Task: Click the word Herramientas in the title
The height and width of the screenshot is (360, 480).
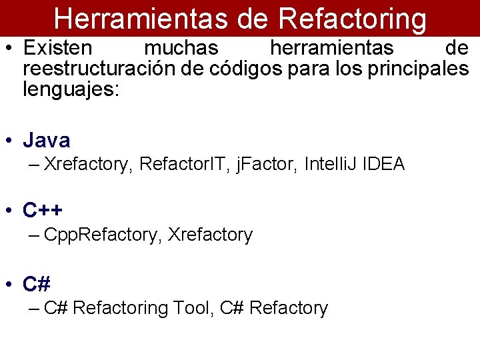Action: click(140, 19)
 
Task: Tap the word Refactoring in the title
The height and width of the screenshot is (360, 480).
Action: click(353, 19)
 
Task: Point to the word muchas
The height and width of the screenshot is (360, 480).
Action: click(181, 49)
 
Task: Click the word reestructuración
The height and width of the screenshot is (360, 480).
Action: click(99, 69)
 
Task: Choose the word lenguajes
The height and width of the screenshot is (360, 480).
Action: click(70, 89)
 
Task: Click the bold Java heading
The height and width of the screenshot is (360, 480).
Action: click(47, 141)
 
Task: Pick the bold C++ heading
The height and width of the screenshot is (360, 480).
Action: click(43, 211)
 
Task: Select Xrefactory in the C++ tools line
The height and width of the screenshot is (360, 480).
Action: click(210, 235)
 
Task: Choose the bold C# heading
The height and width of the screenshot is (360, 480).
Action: click(37, 284)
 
